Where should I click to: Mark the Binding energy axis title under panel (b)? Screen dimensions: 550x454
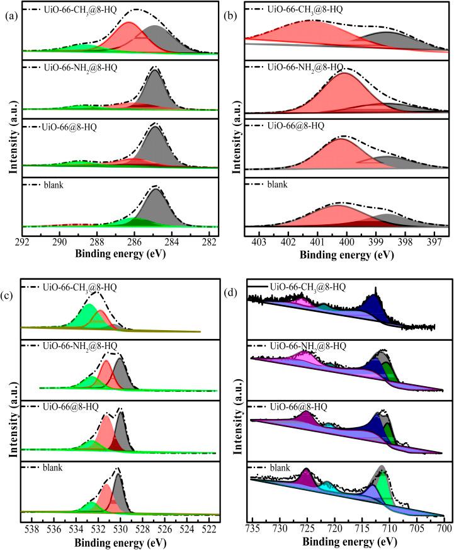coord(346,256)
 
